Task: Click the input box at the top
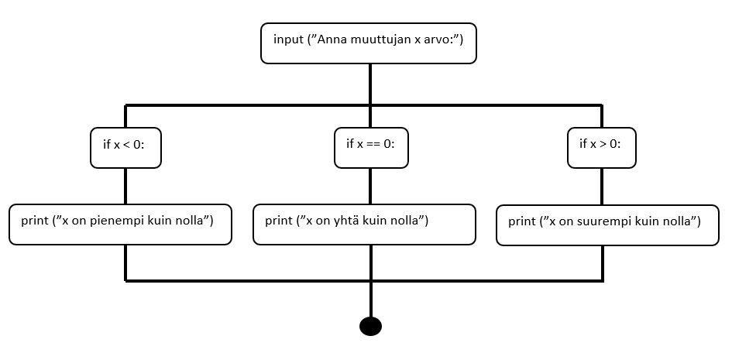coord(369,43)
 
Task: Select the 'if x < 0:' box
coord(125,147)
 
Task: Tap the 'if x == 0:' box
coord(371,147)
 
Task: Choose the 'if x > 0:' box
coord(601,147)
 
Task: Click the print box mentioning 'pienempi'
coord(120,225)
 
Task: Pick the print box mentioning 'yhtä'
coord(364,225)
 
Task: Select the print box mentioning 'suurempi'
coord(607,225)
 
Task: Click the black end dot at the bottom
coord(371,326)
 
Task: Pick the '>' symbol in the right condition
coord(602,145)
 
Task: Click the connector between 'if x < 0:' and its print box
coord(125,186)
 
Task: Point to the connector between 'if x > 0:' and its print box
coord(601,187)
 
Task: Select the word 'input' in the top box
coord(288,39)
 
